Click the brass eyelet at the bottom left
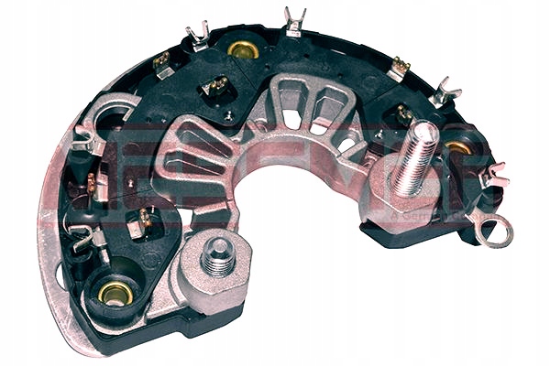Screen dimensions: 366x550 (x=115, y=293)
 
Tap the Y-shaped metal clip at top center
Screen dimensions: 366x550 (x=294, y=20)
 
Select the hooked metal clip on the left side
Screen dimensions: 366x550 (x=87, y=137)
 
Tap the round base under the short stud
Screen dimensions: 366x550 (x=216, y=274)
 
